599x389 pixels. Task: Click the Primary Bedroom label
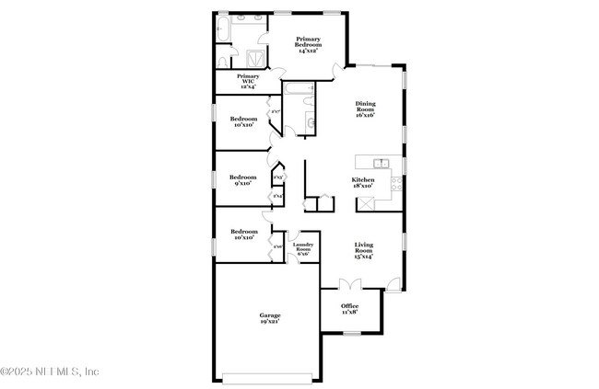[x=307, y=45]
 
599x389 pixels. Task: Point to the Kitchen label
[x=363, y=183]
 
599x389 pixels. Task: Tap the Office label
[x=349, y=308]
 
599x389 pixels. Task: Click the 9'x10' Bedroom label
[x=242, y=179]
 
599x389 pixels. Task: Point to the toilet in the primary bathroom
[x=224, y=60]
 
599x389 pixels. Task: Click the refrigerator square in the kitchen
[x=366, y=205]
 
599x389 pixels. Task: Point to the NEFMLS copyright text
[x=50, y=372]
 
